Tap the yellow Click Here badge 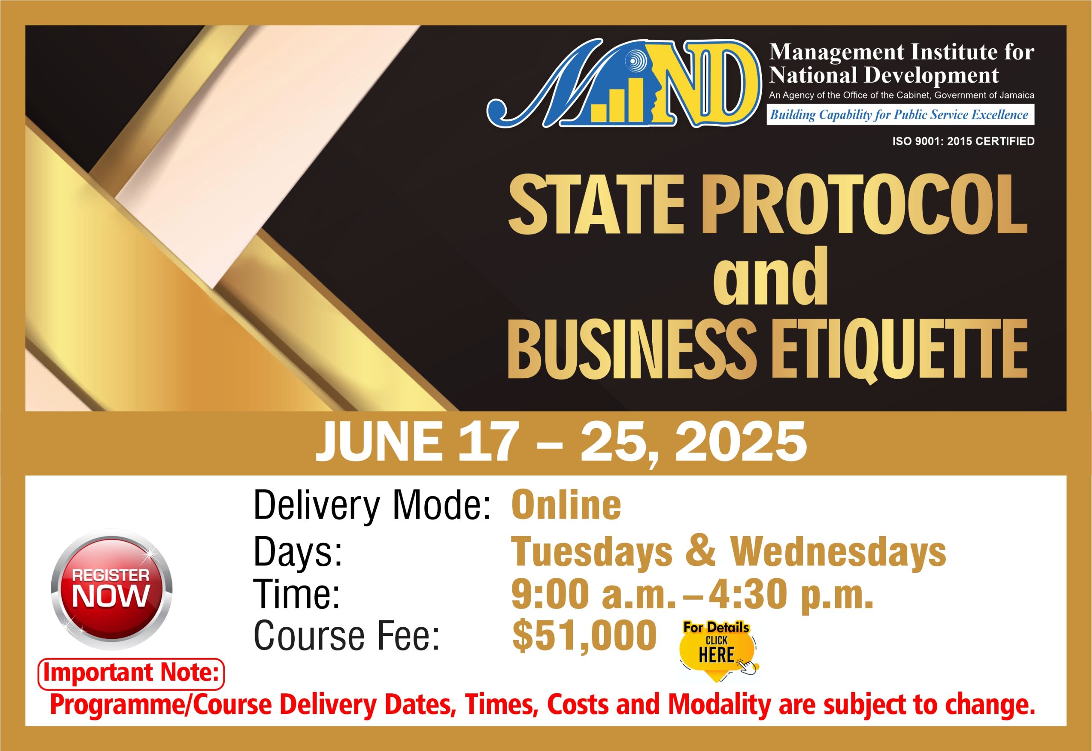717,652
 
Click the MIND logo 624,83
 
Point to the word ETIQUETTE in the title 899,350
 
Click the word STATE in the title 596,204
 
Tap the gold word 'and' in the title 770,277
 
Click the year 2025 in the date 741,442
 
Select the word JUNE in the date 379,442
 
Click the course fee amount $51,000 584,636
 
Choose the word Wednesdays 838,551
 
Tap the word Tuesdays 592,551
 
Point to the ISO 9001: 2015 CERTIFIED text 964,141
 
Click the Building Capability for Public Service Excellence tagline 900,114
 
